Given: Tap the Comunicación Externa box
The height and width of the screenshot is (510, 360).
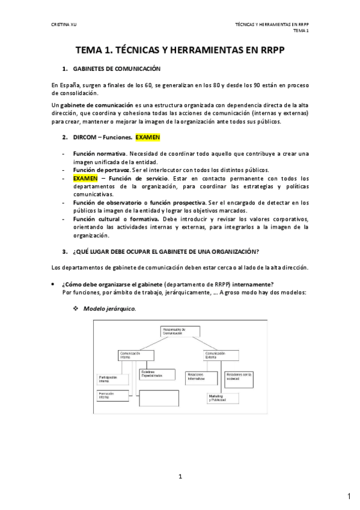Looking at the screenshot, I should point(218,355).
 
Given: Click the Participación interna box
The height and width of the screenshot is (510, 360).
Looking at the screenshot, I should point(113,379).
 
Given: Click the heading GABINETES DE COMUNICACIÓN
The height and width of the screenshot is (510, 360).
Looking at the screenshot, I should point(116,70).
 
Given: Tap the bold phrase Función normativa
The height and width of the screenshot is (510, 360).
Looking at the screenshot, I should point(100,154).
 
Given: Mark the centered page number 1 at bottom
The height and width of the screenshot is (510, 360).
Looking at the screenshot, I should point(180,476).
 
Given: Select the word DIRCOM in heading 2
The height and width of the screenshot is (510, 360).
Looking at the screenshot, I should point(85,137).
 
